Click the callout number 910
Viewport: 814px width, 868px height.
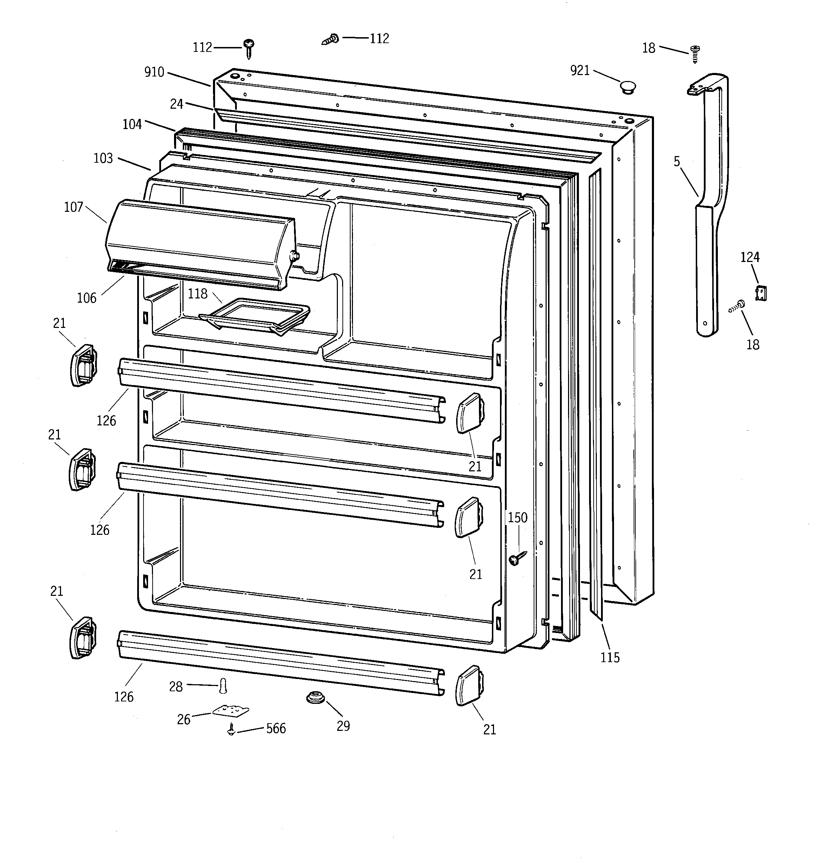(154, 72)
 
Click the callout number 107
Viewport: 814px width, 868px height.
(73, 207)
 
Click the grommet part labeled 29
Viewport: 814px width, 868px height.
(315, 698)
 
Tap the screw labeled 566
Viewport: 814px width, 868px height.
(232, 729)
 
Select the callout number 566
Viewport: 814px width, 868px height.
(276, 728)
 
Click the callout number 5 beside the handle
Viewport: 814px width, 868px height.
(677, 162)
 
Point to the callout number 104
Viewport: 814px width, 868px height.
(132, 125)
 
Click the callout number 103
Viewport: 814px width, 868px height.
(103, 158)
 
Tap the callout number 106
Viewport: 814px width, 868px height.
(87, 298)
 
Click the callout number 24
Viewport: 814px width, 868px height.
(176, 104)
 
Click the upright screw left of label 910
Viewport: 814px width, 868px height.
(249, 48)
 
